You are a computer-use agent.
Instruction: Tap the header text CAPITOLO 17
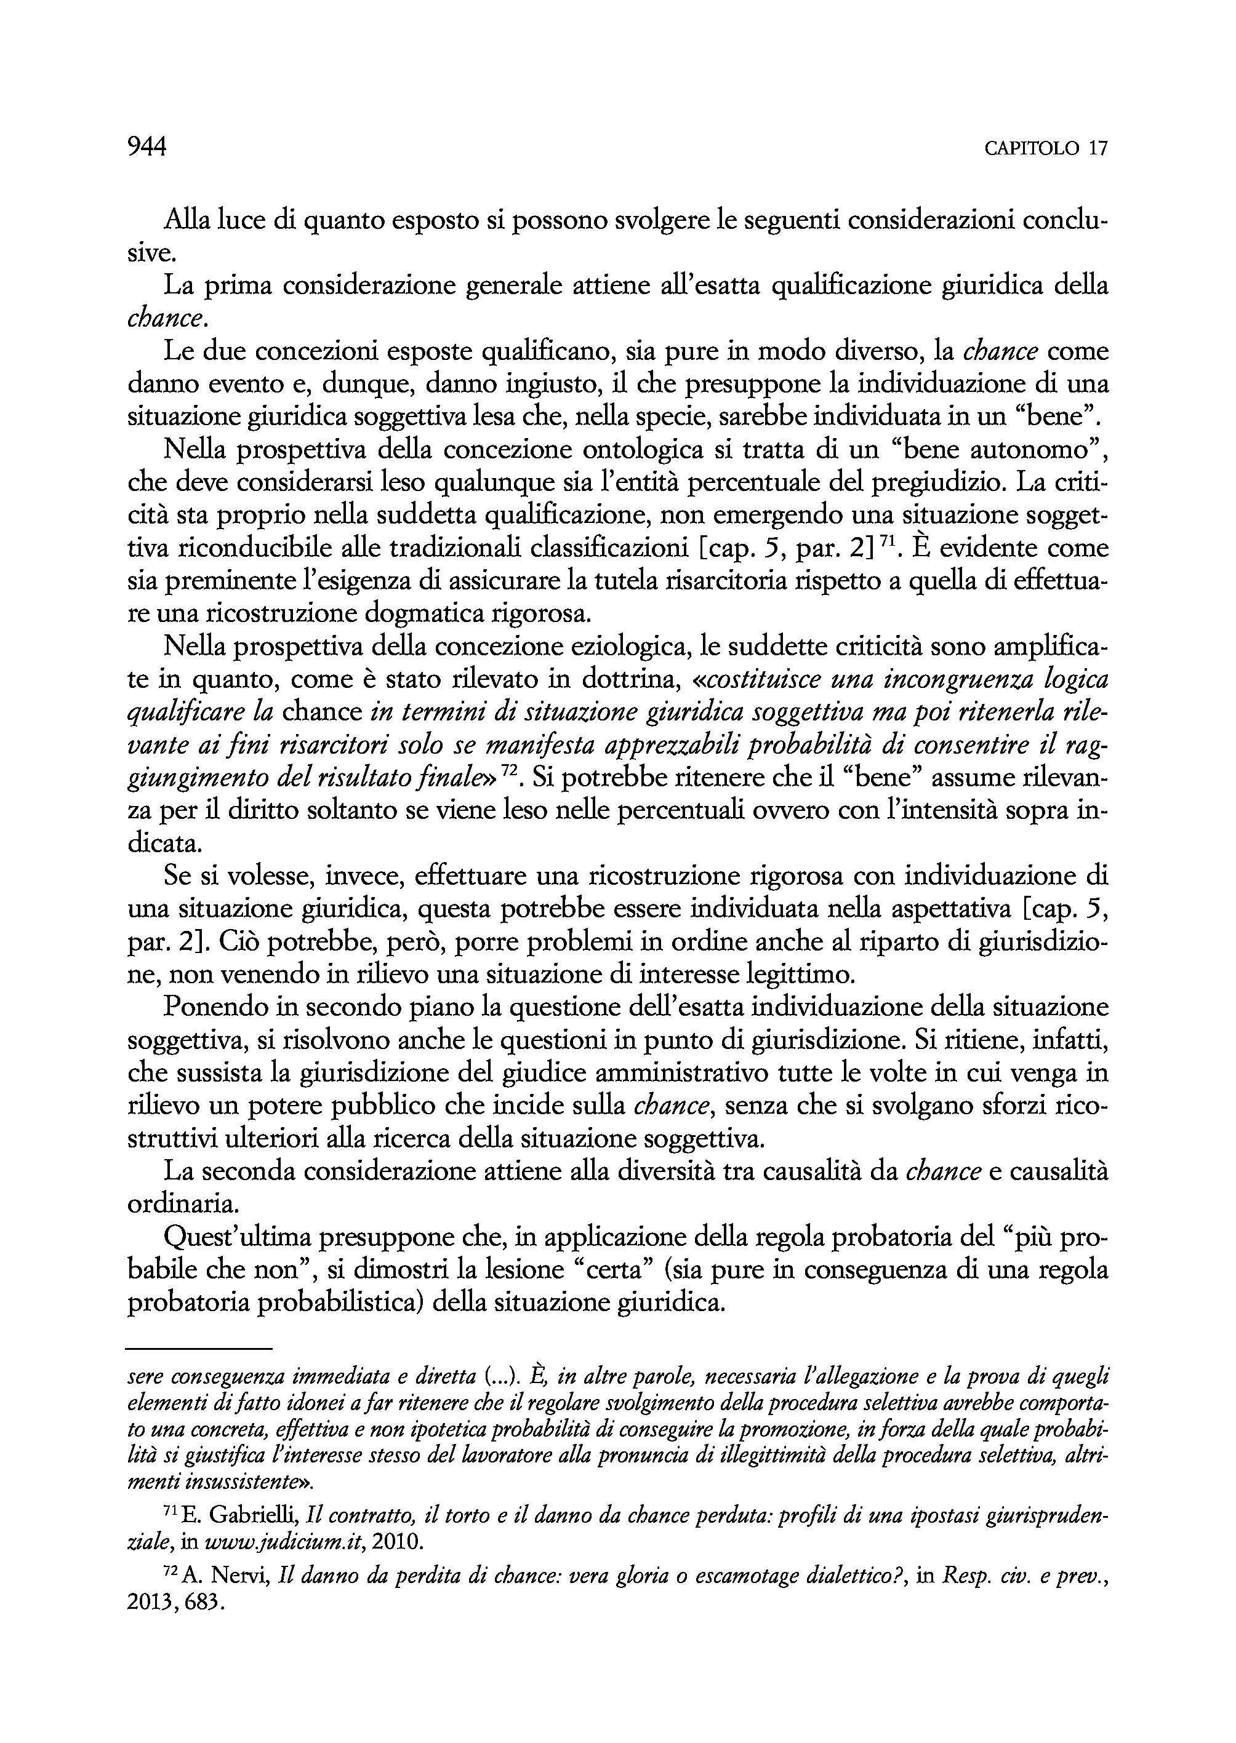(1046, 148)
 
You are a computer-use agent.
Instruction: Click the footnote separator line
(199, 1350)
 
